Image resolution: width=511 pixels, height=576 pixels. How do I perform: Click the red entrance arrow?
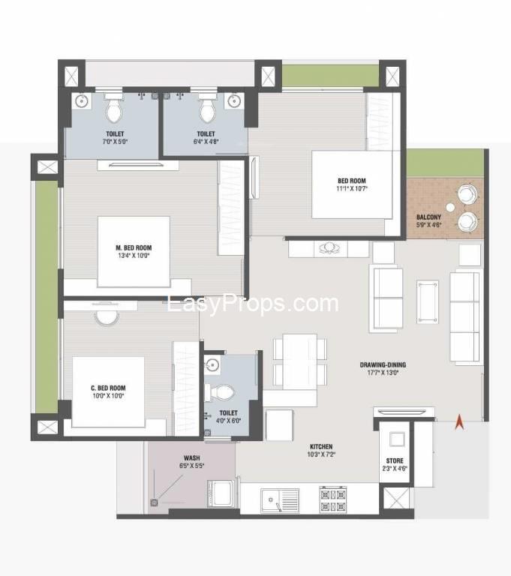click(x=459, y=421)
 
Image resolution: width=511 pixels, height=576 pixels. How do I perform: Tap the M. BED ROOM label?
click(x=134, y=248)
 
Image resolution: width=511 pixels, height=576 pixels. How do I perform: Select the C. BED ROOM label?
click(x=108, y=388)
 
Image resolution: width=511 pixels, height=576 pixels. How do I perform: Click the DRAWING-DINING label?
click(x=383, y=364)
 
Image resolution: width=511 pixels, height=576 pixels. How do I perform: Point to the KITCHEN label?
click(x=321, y=447)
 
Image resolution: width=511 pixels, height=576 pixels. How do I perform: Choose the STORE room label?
click(x=395, y=460)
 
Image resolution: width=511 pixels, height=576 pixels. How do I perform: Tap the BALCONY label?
click(x=428, y=217)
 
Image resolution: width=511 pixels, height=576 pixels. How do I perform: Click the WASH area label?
click(x=192, y=458)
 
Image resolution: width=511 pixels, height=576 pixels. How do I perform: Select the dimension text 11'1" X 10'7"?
click(x=352, y=189)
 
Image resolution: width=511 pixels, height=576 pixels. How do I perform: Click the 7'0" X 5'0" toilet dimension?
click(x=115, y=142)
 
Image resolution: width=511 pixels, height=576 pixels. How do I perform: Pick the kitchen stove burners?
click(x=333, y=499)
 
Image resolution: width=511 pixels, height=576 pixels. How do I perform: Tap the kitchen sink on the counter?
click(x=280, y=500)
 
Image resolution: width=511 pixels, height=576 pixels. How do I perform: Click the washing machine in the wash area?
click(x=221, y=493)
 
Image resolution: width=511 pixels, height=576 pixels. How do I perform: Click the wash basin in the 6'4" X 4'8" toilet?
click(x=234, y=100)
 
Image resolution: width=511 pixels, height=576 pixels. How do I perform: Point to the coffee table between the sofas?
click(x=428, y=302)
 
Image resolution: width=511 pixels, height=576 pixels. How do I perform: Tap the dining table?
click(x=300, y=361)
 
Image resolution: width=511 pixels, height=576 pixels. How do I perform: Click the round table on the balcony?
click(x=450, y=208)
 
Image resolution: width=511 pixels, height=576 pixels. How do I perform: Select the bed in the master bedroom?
click(x=134, y=252)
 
